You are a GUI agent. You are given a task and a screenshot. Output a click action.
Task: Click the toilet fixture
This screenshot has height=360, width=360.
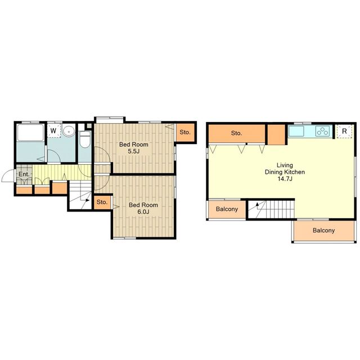click(85, 139)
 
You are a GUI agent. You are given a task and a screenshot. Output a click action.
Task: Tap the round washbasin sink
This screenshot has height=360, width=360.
click(69, 132)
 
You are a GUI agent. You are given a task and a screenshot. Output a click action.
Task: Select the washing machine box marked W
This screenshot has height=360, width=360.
click(55, 131)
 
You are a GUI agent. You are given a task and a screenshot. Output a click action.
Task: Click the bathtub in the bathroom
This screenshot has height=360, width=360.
click(30, 132)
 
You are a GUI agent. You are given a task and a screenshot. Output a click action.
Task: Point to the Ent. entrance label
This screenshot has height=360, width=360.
click(24, 174)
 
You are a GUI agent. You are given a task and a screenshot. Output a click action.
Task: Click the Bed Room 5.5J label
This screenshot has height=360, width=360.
click(134, 147)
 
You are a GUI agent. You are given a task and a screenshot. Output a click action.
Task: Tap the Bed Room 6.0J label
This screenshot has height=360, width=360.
click(143, 208)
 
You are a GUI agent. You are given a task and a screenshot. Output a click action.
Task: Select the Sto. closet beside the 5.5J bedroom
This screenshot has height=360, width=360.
click(185, 132)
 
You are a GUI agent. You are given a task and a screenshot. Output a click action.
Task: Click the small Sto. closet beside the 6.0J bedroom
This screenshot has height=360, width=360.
click(102, 202)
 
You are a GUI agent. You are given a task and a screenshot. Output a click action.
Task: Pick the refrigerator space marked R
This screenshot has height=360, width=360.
click(344, 131)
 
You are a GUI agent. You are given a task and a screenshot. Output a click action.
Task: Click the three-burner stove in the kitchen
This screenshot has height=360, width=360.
click(322, 131)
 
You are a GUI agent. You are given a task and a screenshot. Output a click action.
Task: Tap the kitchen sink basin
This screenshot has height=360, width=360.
click(296, 131)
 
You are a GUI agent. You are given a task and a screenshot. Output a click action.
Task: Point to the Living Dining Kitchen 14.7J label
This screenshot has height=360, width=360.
click(285, 172)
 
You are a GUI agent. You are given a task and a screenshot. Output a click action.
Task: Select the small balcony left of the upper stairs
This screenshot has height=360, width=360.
click(227, 209)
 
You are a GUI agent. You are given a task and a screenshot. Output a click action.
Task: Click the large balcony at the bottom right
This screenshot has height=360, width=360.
click(324, 230)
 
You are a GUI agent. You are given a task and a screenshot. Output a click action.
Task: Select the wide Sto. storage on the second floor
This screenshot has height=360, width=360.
click(237, 133)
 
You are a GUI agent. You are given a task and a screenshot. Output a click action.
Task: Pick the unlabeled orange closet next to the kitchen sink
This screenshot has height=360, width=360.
click(276, 134)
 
